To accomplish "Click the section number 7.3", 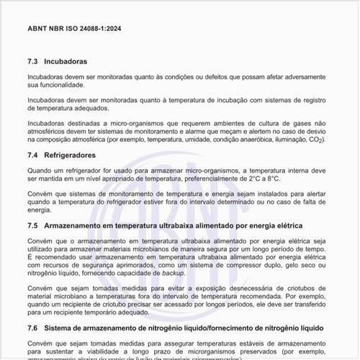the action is (x=32, y=62).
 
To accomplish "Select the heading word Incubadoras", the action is (x=66, y=62).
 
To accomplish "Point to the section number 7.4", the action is (x=32, y=155).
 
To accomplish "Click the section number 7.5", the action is (x=32, y=226).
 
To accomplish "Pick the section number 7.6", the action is (x=32, y=328).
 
